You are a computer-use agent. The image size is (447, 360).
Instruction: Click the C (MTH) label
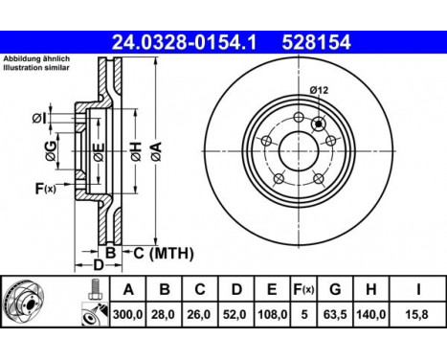pyautogui.click(x=163, y=253)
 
